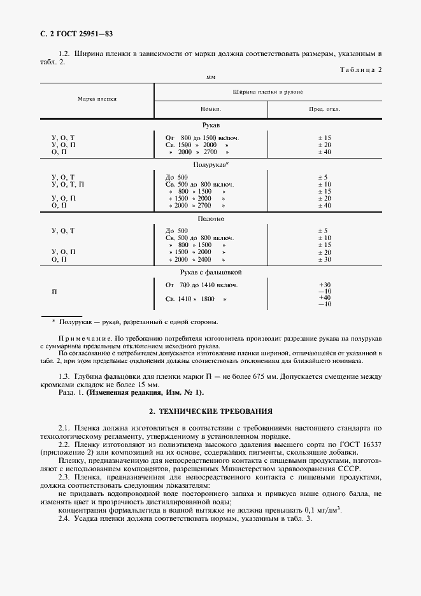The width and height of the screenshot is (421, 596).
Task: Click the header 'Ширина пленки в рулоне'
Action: pos(268,92)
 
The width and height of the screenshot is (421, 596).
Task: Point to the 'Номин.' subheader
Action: pos(211,109)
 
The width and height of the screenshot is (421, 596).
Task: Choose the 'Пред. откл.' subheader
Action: pos(324,109)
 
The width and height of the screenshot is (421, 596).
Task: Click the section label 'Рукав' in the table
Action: pos(211,125)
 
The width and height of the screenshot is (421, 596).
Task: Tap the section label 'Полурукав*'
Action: pos(211,164)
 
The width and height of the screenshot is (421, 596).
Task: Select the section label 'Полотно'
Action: pos(211,218)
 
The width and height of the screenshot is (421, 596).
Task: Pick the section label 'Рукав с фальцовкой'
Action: pos(211,272)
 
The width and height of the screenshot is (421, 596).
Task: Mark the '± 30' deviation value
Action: pos(324,259)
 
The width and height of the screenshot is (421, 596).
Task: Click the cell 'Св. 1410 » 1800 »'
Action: pos(196,298)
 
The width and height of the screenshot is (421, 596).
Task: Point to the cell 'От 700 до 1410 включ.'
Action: pos(202,285)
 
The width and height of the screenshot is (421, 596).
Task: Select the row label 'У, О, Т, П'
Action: pos(68,184)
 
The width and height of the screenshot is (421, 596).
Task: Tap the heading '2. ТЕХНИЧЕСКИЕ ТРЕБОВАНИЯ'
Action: pos(210,413)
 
